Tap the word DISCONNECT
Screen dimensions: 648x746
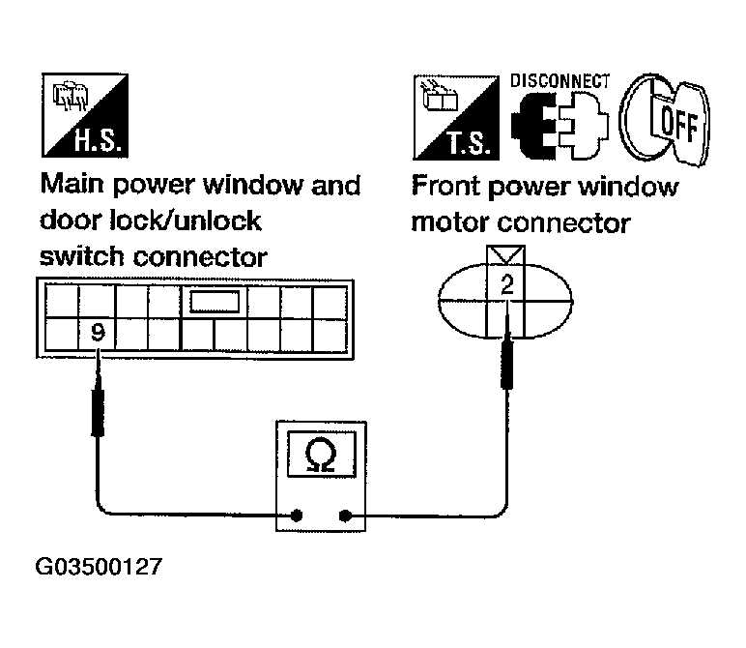[559, 81]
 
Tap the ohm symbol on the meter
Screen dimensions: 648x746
[320, 455]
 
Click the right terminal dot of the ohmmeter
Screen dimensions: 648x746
[344, 515]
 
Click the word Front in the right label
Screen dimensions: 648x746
[450, 187]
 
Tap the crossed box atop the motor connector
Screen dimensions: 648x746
[503, 257]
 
